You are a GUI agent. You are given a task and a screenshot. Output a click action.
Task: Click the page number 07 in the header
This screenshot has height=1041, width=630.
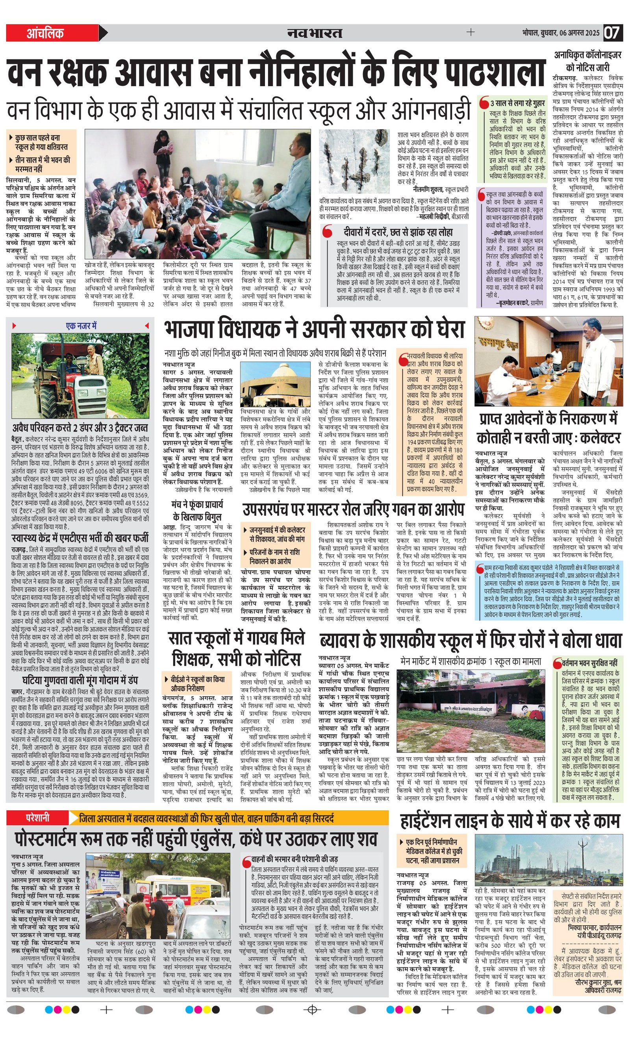point(613,33)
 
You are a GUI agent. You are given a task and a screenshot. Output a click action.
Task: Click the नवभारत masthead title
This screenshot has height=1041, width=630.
point(314,33)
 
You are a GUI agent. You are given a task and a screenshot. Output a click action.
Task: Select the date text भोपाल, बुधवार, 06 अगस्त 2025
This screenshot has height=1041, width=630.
point(560,33)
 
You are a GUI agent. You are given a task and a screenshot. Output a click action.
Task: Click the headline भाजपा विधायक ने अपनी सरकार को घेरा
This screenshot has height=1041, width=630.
point(315,330)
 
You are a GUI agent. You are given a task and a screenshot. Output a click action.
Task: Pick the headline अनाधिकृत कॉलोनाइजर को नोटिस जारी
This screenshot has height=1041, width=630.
point(588,61)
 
